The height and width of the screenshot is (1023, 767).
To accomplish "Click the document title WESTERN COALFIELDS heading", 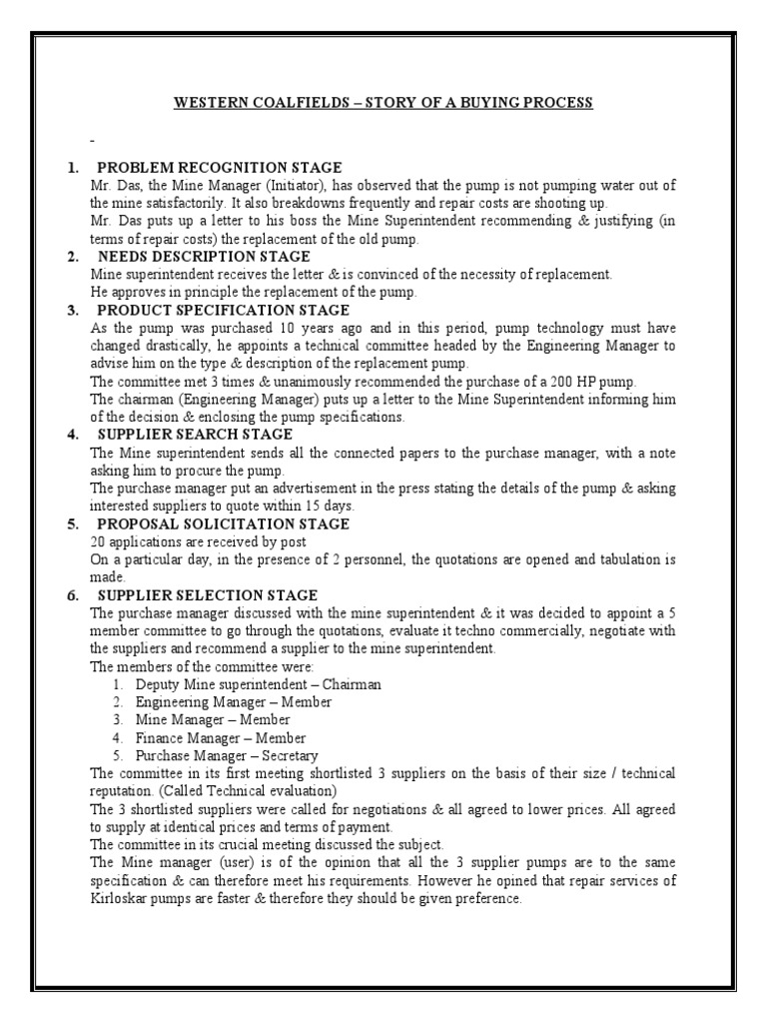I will click(383, 103).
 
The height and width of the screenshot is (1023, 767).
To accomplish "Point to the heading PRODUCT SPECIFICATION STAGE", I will click(223, 310).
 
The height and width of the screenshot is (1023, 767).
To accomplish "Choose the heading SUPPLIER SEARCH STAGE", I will click(195, 435).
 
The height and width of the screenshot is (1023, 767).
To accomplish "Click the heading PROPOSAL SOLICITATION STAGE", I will click(223, 523).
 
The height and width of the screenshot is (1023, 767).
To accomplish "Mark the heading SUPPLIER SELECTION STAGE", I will click(207, 595).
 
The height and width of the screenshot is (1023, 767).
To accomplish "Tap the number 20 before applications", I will click(98, 541).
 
